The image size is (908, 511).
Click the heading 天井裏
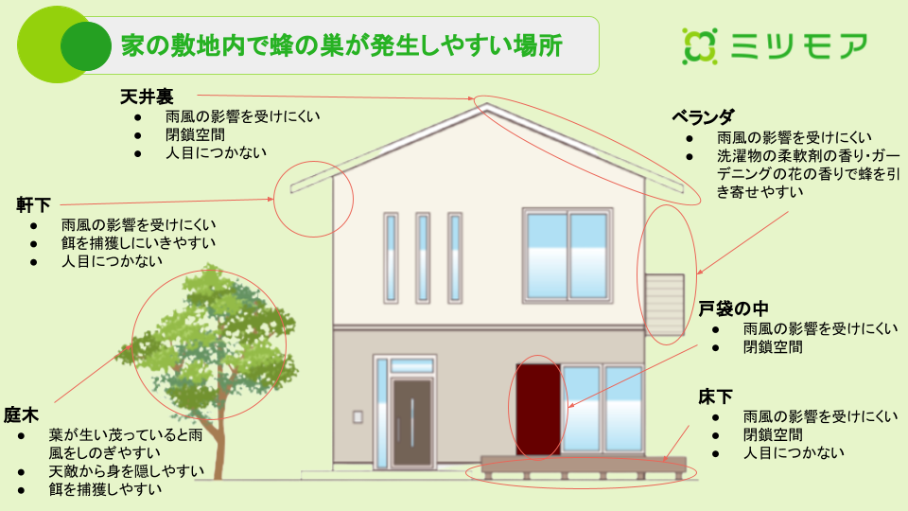click(147, 97)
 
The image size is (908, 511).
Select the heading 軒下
click(33, 205)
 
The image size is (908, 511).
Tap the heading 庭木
click(21, 414)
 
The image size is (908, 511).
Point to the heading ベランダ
click(703, 117)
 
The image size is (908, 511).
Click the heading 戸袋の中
click(733, 308)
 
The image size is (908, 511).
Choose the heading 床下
click(715, 396)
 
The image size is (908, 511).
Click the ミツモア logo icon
click(700, 45)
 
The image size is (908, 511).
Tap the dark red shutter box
click(538, 410)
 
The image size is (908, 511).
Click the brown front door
click(411, 422)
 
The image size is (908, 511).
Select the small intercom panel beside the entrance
click(358, 416)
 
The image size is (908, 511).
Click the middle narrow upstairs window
click(423, 257)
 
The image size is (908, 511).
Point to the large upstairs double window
click(567, 255)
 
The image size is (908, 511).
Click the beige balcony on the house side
click(665, 305)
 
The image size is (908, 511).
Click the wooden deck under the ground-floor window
click(584, 467)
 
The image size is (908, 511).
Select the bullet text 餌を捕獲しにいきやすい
click(138, 243)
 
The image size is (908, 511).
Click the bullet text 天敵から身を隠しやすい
click(126, 471)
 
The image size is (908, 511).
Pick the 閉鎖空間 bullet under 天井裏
click(195, 134)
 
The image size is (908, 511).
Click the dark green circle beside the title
click(86, 46)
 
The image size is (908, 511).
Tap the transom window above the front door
click(411, 366)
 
